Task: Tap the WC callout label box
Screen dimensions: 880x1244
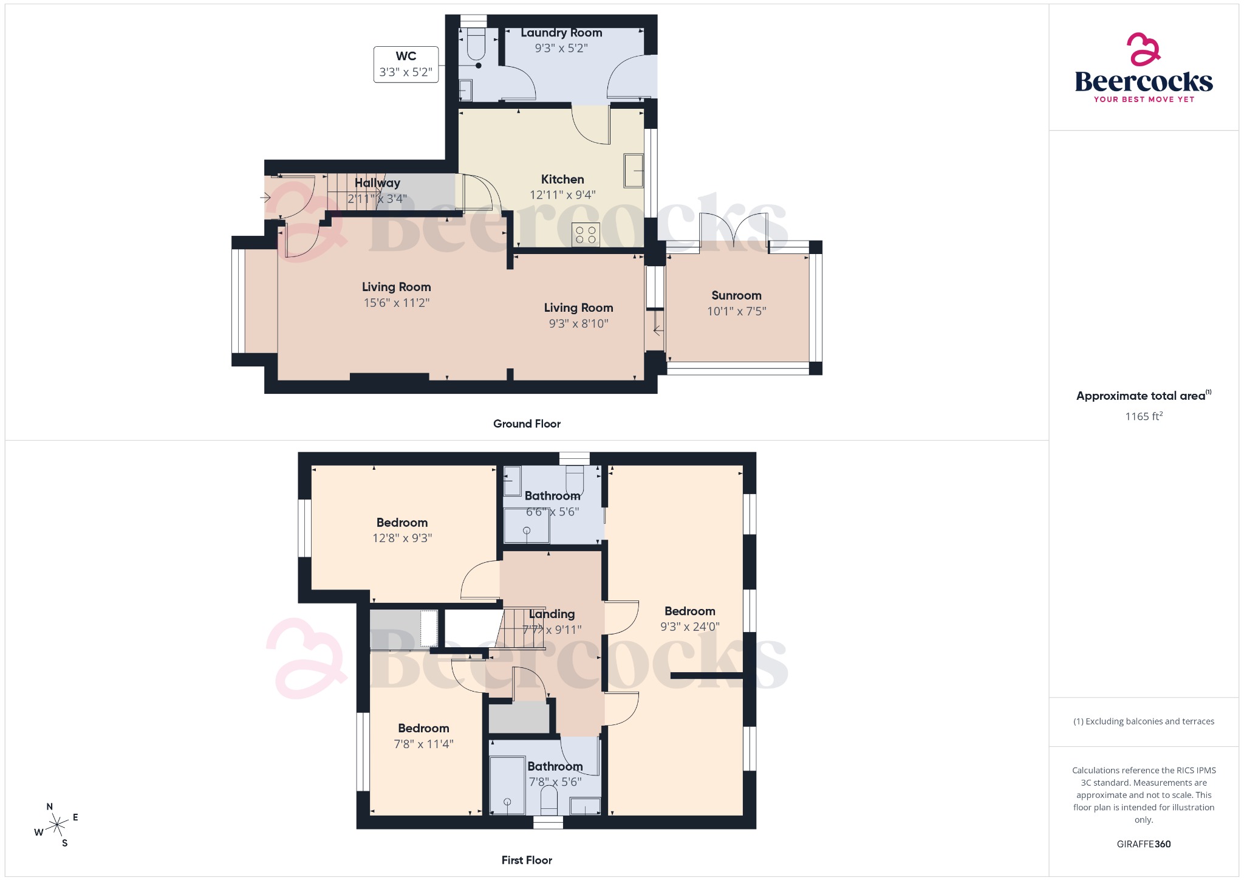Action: pyautogui.click(x=406, y=64)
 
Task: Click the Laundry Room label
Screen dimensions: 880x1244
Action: pyautogui.click(x=561, y=33)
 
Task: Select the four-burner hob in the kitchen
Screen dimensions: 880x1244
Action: pyautogui.click(x=586, y=235)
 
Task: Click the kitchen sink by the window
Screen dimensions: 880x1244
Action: pyautogui.click(x=634, y=171)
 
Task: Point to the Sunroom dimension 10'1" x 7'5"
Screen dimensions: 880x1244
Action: pyautogui.click(x=736, y=311)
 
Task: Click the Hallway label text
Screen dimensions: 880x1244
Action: pyautogui.click(x=377, y=183)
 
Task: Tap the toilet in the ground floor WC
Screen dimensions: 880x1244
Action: pyautogui.click(x=476, y=44)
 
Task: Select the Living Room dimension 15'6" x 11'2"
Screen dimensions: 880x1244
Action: pyautogui.click(x=396, y=303)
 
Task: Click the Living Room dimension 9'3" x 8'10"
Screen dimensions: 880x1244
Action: pyautogui.click(x=578, y=323)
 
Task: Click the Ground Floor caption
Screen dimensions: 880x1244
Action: pyautogui.click(x=527, y=424)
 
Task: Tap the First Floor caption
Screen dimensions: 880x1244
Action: pyautogui.click(x=527, y=860)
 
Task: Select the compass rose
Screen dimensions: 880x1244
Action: pyautogui.click(x=57, y=825)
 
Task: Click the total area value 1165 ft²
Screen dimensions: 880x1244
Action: pyautogui.click(x=1143, y=416)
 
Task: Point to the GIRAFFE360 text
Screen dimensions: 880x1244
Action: pyautogui.click(x=1143, y=844)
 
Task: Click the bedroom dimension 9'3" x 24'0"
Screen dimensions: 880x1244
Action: pyautogui.click(x=689, y=627)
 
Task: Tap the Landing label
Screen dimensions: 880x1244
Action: pyautogui.click(x=552, y=614)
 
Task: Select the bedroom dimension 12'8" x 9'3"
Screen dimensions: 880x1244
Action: pyautogui.click(x=402, y=538)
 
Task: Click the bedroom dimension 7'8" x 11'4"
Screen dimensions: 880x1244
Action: pyautogui.click(x=423, y=744)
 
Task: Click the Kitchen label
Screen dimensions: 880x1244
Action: pyautogui.click(x=562, y=179)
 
